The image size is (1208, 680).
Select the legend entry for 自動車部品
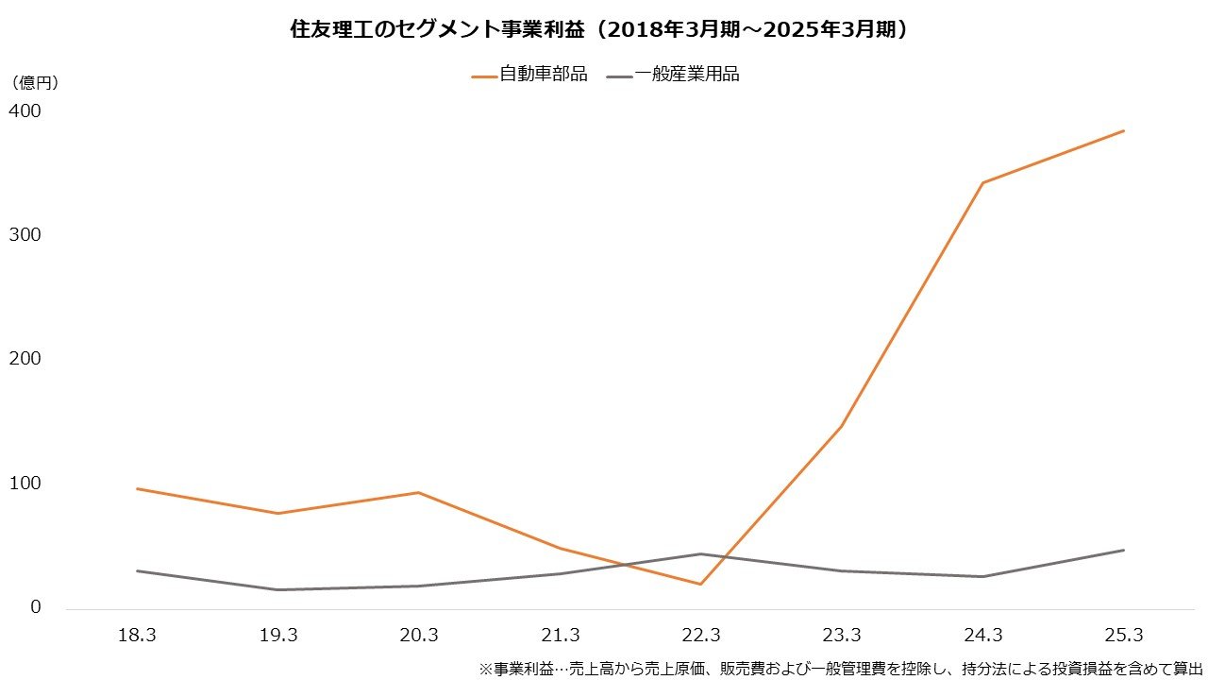coord(529,75)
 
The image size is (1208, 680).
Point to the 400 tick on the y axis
coord(25,110)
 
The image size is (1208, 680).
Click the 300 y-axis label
coord(25,234)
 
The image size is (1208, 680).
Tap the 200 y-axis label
coord(25,359)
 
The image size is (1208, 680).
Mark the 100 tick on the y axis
coord(25,483)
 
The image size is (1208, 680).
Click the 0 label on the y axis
coord(36,606)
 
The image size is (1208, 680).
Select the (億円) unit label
coord(35,83)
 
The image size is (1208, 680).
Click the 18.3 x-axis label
coord(137,636)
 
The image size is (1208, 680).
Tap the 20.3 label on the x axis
coord(418,636)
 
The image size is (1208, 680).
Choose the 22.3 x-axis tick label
coord(700,636)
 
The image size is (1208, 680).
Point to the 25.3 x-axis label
coord(1123,636)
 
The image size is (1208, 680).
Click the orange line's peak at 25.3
coord(1123,131)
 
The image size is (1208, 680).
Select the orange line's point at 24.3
coord(982,182)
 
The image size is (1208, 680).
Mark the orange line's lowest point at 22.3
coord(700,584)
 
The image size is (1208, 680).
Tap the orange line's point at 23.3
coord(841,426)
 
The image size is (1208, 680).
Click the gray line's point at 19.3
coord(277,589)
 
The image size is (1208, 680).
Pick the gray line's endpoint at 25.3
coord(1123,550)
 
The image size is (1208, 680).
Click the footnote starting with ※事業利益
coord(841,668)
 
